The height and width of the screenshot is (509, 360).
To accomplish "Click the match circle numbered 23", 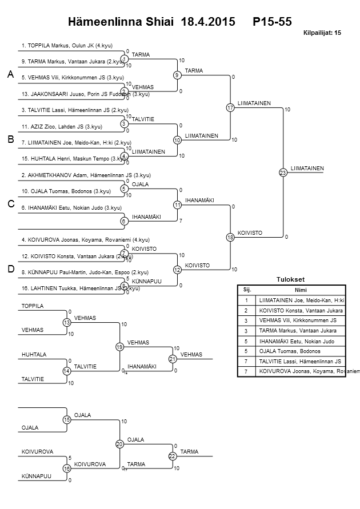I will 282,173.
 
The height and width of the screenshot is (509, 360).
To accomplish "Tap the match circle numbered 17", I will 230,107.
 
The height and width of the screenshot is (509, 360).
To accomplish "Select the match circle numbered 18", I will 230,237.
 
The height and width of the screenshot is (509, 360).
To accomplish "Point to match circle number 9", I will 177,75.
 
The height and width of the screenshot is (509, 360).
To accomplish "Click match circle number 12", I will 177,270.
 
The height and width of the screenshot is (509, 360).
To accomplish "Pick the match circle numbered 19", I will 120,347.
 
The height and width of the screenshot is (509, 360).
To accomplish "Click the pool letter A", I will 10,75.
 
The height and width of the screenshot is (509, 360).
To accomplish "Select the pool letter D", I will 10,270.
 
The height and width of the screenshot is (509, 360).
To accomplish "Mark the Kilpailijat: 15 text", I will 321,33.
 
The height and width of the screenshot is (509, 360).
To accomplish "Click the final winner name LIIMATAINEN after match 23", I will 307,168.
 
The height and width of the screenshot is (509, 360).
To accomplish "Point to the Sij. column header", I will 247,290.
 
